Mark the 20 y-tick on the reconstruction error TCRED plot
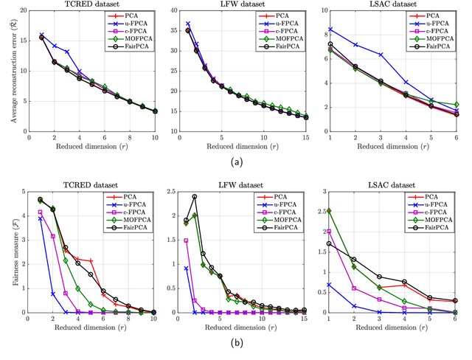coord(22,12)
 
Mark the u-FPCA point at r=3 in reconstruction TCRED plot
coord(66,52)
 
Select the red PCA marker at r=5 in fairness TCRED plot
coord(91,261)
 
